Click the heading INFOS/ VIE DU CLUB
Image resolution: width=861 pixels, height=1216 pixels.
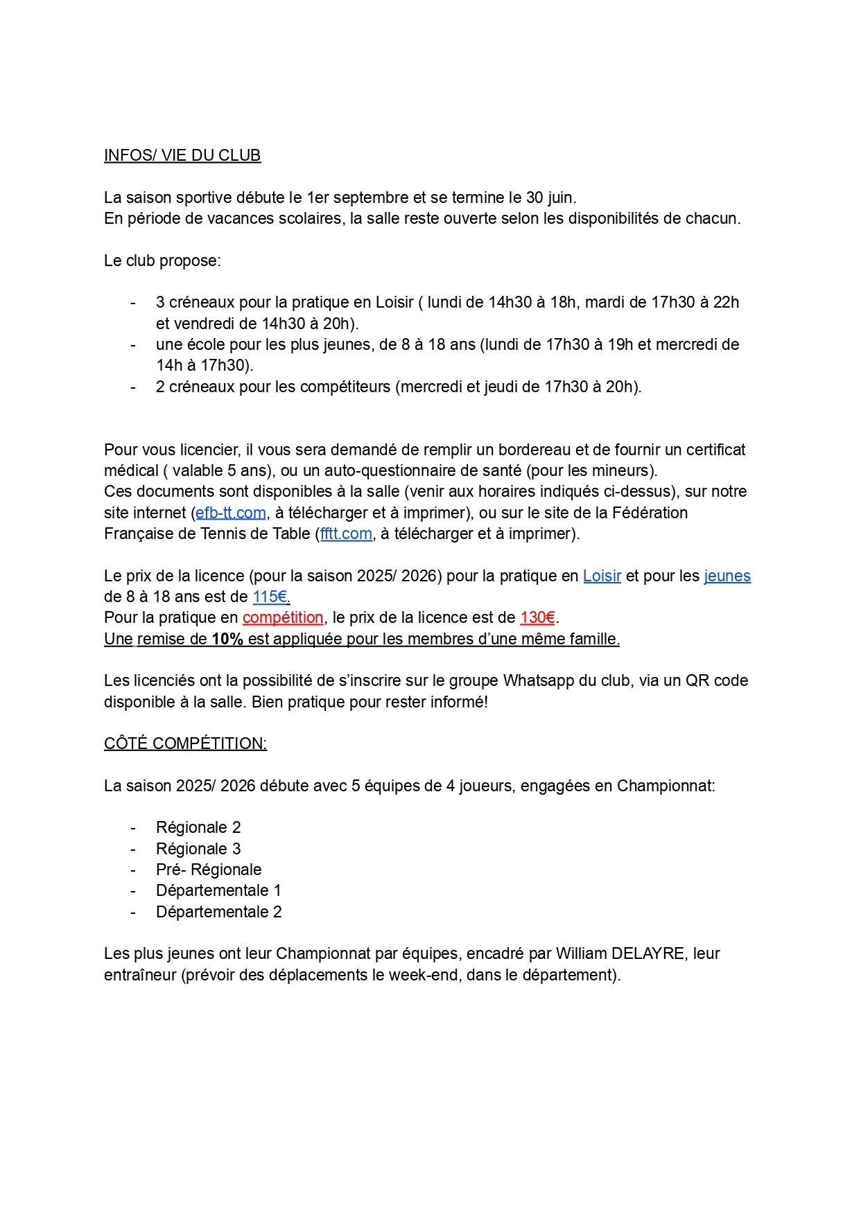[182, 155]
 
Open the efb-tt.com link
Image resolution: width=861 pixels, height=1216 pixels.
[231, 513]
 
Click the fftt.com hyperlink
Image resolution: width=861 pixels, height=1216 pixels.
[346, 534]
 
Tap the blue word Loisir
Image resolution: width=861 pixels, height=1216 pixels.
[602, 576]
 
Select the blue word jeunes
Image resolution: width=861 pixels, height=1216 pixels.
[727, 576]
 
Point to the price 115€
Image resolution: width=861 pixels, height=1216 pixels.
[270, 597]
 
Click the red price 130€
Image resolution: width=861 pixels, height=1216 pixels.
[537, 617]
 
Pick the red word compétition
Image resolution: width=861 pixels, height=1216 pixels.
[283, 617]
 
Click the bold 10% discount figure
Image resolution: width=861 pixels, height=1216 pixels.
[227, 639]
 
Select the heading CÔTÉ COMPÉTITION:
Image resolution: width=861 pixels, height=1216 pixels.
[185, 743]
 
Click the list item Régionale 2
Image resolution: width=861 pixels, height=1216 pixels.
[198, 827]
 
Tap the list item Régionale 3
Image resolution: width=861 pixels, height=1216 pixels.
[198, 849]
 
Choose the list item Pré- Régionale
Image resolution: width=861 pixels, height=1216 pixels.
[209, 870]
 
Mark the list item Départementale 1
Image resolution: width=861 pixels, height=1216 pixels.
[218, 890]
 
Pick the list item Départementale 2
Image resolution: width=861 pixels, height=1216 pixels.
[218, 912]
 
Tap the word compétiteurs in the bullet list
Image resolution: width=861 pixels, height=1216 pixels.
[347, 387]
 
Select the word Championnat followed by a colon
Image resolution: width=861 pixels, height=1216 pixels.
[666, 786]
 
